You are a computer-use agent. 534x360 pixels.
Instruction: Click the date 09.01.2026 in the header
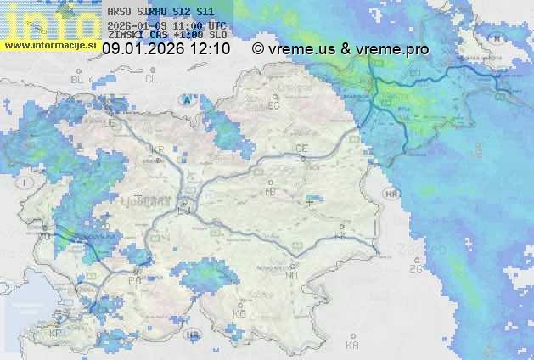(143, 49)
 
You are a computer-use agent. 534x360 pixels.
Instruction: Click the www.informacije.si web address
(49, 44)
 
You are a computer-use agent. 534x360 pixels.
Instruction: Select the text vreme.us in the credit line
(301, 49)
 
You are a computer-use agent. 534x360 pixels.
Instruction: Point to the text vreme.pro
(392, 49)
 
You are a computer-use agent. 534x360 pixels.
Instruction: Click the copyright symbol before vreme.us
(258, 49)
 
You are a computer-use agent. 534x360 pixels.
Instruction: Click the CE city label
(301, 149)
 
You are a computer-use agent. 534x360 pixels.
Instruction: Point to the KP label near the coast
(56, 333)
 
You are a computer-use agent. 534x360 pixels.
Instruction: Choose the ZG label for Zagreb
(415, 269)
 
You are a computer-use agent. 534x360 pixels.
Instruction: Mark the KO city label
(239, 313)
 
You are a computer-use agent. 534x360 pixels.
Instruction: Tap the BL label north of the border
(79, 79)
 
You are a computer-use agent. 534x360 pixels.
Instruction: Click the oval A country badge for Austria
(186, 99)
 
